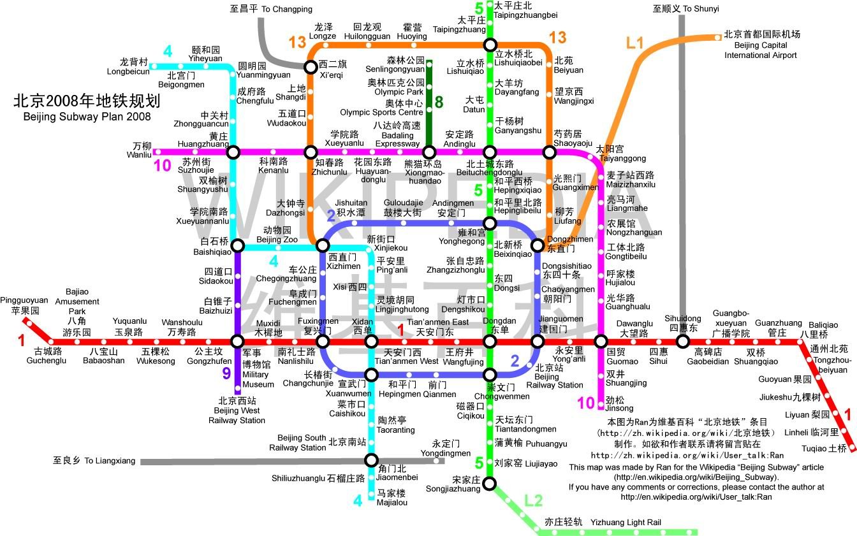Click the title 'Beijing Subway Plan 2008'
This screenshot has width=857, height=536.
(x=87, y=117)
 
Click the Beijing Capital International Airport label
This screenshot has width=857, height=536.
(x=761, y=45)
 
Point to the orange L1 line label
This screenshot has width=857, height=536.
(x=635, y=43)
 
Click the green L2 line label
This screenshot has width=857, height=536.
(x=533, y=500)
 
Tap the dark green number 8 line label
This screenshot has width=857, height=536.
(x=439, y=102)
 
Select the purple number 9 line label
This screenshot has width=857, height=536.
(x=226, y=373)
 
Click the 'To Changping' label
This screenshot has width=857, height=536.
(x=271, y=9)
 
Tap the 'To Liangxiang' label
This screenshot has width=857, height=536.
(x=94, y=461)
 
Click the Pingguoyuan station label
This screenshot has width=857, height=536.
(x=24, y=305)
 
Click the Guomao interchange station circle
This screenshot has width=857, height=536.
(x=601, y=342)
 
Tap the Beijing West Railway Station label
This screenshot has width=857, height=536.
(x=237, y=410)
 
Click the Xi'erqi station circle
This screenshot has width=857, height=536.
(x=310, y=66)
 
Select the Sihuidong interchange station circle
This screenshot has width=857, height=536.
(x=682, y=342)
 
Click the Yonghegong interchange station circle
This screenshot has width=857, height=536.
(x=489, y=223)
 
